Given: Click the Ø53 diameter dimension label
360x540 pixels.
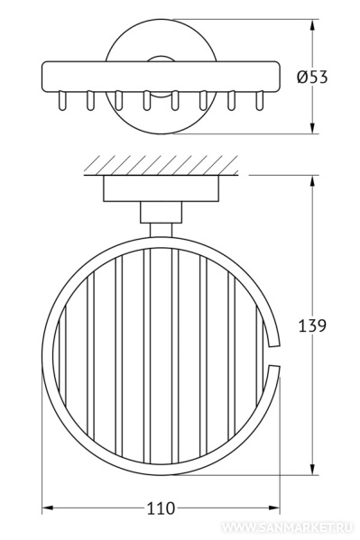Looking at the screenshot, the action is (312, 77).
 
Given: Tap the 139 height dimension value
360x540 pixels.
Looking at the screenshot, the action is (311, 325).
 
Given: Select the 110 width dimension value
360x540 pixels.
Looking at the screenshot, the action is (161, 508).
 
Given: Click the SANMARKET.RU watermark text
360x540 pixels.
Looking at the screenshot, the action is (287, 527).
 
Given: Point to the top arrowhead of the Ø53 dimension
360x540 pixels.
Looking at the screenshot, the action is (313, 25).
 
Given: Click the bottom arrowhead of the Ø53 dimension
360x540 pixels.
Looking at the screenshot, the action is (313, 127).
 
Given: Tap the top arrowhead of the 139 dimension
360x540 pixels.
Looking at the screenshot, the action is (313, 182).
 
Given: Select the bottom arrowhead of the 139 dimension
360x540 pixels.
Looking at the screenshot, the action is (313, 469).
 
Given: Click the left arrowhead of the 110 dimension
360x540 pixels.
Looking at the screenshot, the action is (48, 508).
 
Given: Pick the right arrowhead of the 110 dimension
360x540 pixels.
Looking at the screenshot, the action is (273, 508).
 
